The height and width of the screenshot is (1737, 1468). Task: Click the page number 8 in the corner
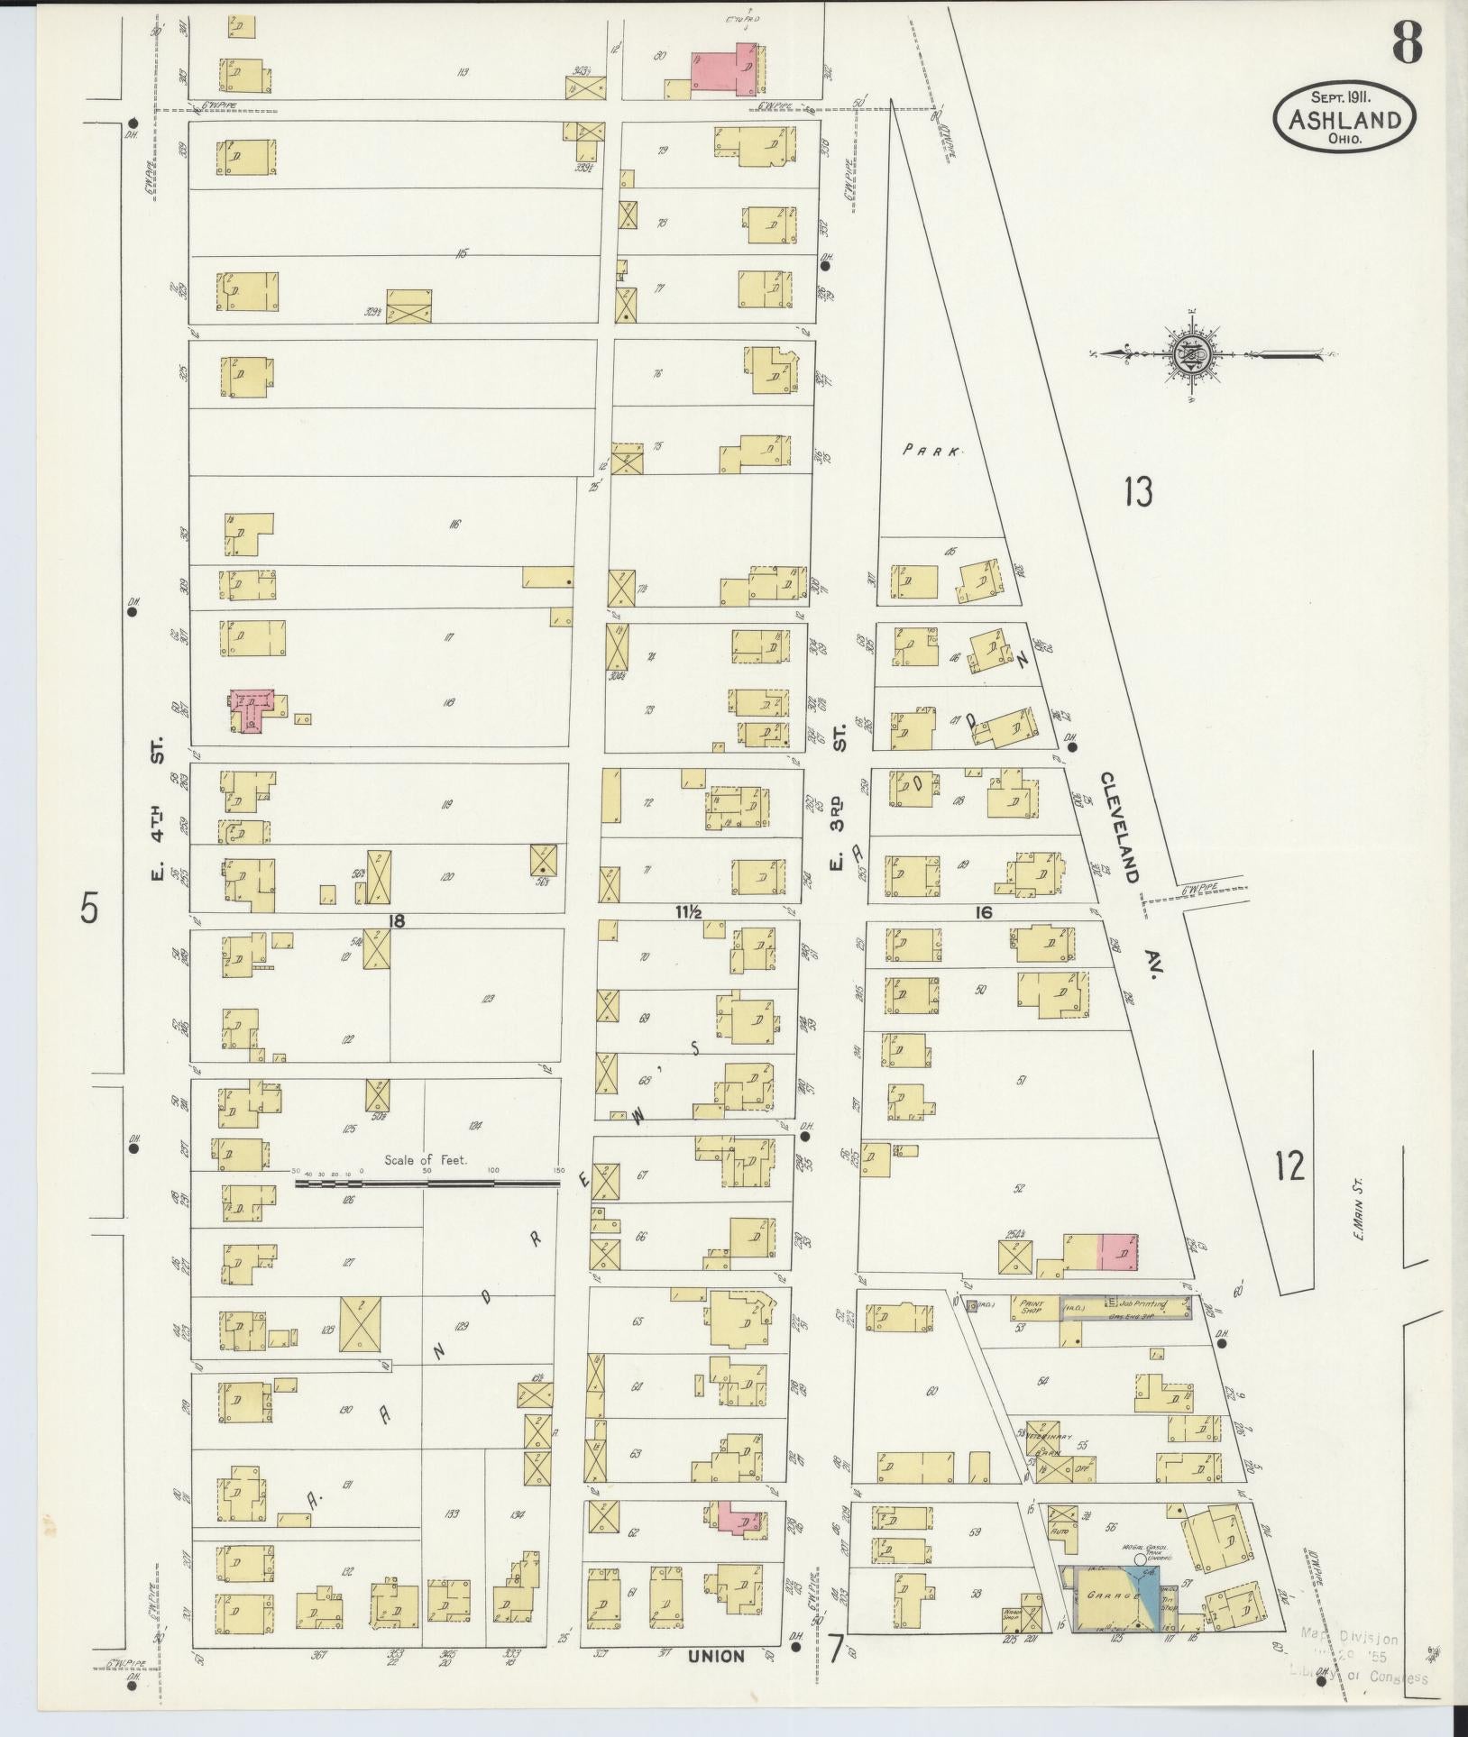(x=1407, y=42)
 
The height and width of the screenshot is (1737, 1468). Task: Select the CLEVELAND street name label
(x=1121, y=827)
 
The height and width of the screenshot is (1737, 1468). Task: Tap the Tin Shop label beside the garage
(x=1170, y=1600)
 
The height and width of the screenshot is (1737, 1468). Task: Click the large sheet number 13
(x=1139, y=492)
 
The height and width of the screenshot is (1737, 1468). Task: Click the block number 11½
(x=688, y=912)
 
